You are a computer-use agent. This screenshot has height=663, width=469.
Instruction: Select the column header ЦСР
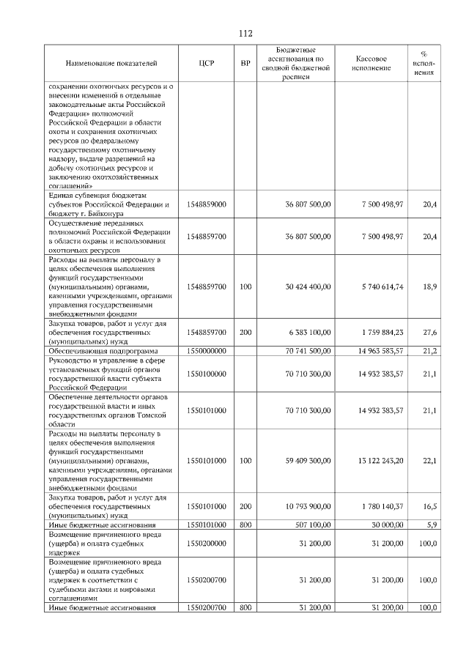pyautogui.click(x=206, y=64)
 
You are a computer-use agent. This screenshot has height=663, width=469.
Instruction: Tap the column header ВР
pyautogui.click(x=245, y=64)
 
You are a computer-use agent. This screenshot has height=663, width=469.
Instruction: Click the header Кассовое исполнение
pyautogui.click(x=372, y=64)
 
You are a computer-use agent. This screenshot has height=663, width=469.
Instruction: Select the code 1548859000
pyautogui.click(x=206, y=204)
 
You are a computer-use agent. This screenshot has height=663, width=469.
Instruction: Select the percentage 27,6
pyautogui.click(x=429, y=333)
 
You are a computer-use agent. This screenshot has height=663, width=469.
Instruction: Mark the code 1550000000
pyautogui.click(x=206, y=352)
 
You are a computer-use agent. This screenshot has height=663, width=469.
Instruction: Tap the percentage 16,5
pyautogui.click(x=429, y=507)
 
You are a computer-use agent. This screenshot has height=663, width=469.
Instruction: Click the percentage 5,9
pyautogui.click(x=432, y=525)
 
